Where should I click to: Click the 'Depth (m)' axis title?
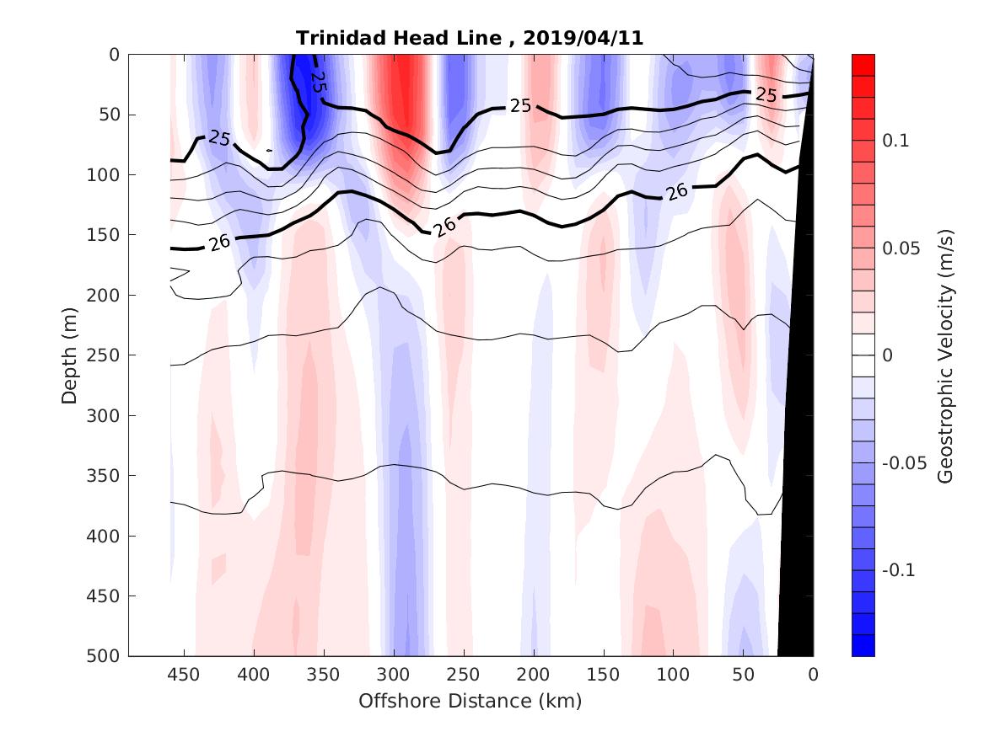point(69,355)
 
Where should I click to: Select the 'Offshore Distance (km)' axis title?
point(470,701)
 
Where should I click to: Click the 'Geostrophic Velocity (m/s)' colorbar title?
point(945,355)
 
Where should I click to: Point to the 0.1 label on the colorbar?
point(895,141)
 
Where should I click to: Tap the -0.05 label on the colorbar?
point(903,463)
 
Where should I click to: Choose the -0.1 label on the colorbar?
point(899,570)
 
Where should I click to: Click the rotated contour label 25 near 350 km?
point(318,82)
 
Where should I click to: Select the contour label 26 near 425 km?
point(218,243)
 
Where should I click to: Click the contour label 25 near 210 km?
point(520,105)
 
